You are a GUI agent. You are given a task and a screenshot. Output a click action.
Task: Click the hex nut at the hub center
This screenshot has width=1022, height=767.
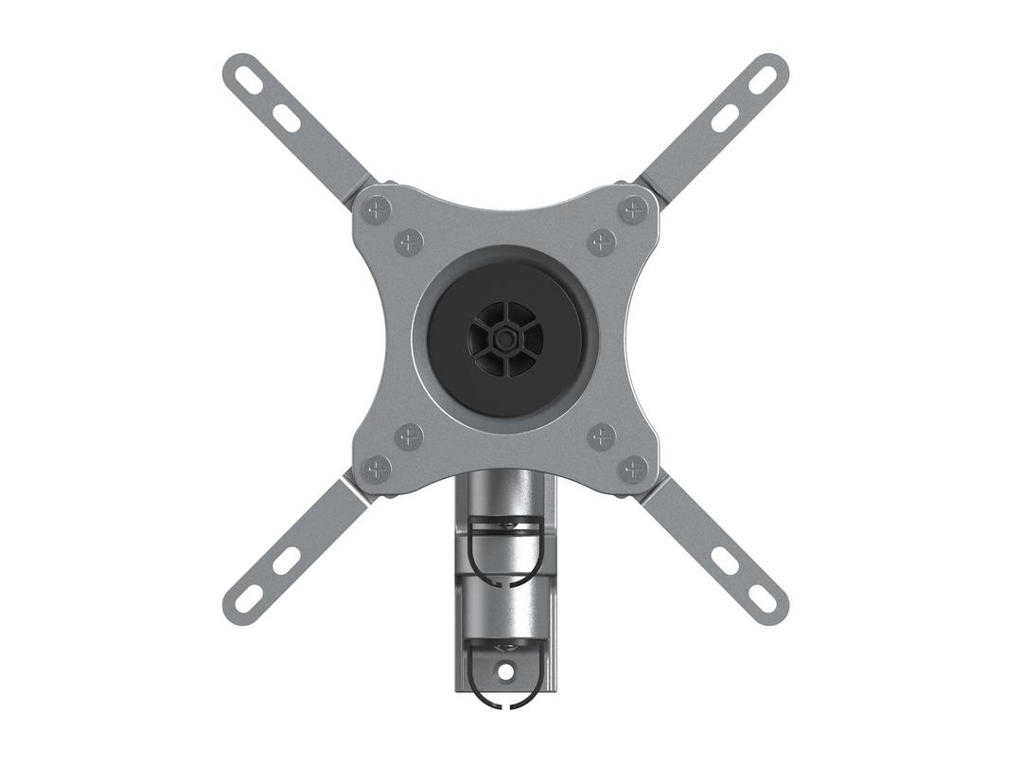505,338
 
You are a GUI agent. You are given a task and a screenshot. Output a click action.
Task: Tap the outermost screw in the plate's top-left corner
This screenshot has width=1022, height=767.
378,209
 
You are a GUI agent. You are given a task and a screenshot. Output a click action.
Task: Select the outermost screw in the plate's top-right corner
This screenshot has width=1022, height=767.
633,209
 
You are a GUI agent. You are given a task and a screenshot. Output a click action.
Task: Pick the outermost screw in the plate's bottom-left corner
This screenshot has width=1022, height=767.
378,468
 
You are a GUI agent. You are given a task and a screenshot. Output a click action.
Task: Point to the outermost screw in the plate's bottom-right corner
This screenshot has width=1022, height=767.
633,468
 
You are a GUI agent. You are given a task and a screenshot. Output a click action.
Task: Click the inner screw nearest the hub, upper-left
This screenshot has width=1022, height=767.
409,241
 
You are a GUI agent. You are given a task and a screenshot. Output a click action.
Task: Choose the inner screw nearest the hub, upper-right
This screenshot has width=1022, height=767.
602,241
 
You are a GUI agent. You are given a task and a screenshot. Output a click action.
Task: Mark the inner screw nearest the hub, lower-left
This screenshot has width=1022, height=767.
409,437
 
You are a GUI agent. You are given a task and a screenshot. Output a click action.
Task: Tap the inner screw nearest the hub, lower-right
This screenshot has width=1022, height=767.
602,437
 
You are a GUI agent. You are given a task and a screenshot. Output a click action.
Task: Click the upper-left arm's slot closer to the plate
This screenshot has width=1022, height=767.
287,118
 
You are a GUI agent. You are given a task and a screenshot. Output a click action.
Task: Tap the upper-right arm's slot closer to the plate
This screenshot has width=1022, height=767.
725,118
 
